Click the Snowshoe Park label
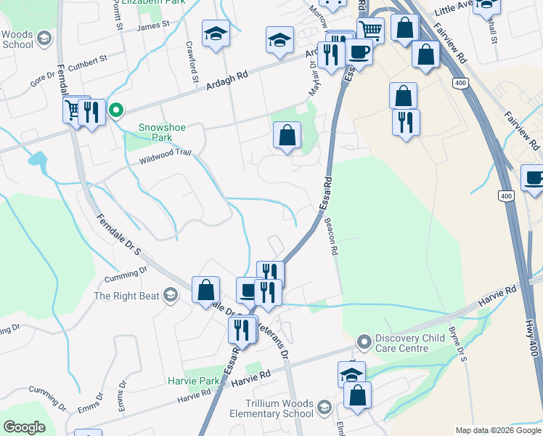(163, 133)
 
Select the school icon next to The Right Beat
(171, 294)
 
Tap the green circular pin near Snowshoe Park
(115, 110)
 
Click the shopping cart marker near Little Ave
(370, 31)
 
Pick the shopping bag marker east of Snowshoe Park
(287, 135)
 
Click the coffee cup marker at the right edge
(534, 179)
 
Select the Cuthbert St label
(88, 60)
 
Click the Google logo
(24, 427)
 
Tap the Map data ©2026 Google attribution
(498, 430)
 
